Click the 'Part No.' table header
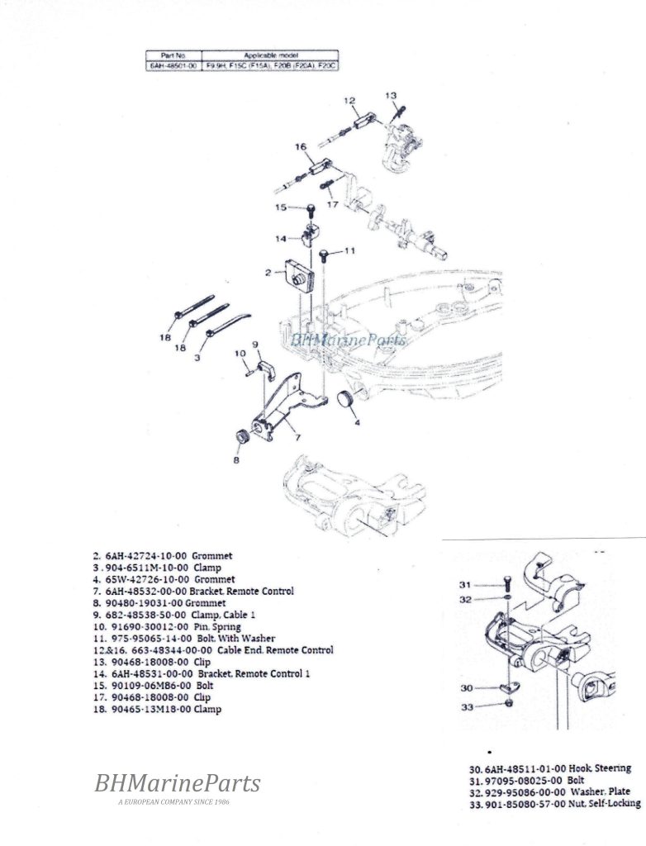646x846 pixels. [x=172, y=54]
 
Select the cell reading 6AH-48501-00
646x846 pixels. [x=172, y=64]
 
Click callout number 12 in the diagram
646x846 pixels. [x=349, y=101]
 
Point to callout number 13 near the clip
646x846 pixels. [x=391, y=96]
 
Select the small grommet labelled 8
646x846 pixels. [x=243, y=435]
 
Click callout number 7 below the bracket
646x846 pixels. [x=298, y=437]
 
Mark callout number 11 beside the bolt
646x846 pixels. [x=350, y=250]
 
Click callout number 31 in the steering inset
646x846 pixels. [x=465, y=585]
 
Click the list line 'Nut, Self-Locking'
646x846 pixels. [x=604, y=803]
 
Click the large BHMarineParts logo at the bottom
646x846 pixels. [x=177, y=783]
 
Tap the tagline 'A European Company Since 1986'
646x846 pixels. [x=177, y=802]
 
